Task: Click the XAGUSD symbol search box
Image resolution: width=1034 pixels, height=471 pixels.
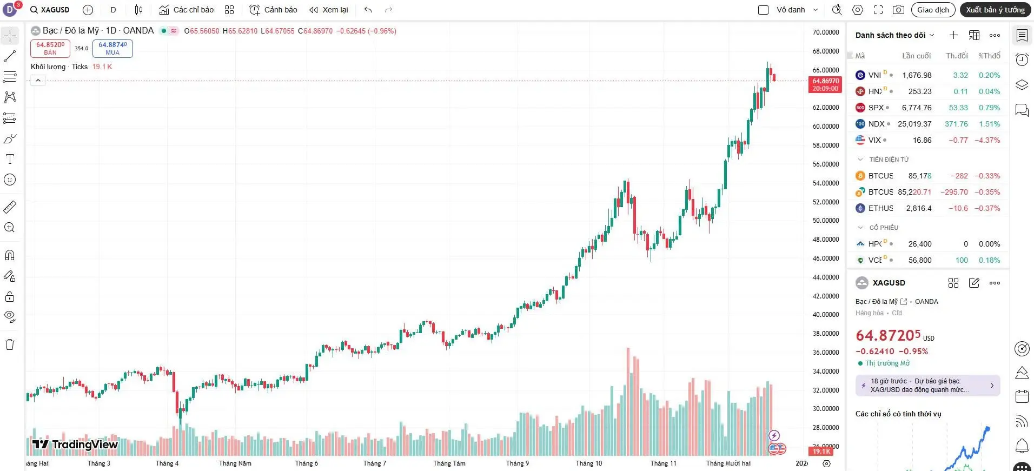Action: coord(50,10)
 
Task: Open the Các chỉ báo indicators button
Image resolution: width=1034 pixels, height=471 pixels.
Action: coord(187,10)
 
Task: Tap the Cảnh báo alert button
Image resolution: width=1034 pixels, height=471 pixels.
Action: coord(274,10)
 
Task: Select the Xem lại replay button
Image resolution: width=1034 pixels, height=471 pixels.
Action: coord(329,10)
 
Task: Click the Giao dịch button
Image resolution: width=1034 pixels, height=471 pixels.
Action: coord(933,10)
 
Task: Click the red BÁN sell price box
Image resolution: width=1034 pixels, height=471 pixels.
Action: coord(50,48)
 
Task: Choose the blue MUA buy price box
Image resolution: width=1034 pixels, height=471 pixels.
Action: coord(112,48)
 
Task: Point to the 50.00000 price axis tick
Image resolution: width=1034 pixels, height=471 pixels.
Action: coord(826,221)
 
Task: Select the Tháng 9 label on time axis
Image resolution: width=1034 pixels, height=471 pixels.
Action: coord(518,463)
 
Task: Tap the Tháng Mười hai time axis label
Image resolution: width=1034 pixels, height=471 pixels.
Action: coord(728,463)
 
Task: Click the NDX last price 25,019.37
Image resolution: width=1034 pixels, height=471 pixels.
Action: coord(914,124)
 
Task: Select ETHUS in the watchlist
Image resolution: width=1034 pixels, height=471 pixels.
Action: coord(880,208)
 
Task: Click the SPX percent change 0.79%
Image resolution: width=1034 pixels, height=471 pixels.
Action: coord(989,108)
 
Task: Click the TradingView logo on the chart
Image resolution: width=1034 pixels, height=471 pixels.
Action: coord(75,445)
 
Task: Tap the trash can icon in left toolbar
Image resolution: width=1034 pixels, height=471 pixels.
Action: coord(10,344)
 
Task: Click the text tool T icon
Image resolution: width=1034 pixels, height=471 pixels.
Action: coord(10,159)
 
